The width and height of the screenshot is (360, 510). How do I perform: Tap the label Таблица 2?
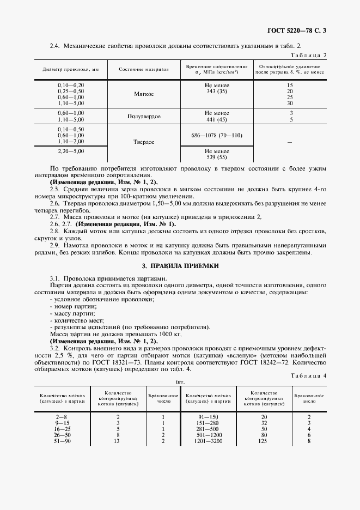(x=309, y=56)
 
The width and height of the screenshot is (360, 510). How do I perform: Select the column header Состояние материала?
(x=144, y=70)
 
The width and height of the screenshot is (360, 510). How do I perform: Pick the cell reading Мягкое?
(x=144, y=94)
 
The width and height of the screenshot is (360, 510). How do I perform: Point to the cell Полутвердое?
(x=144, y=116)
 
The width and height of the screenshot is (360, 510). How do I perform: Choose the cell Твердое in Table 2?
(x=144, y=142)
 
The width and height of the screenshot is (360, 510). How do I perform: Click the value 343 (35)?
(x=217, y=92)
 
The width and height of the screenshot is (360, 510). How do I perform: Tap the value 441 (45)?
(x=217, y=119)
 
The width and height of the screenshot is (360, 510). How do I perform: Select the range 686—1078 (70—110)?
(x=217, y=135)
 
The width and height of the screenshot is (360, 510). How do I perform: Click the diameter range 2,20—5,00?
(x=71, y=150)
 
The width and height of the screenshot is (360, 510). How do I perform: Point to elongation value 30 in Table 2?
(x=290, y=103)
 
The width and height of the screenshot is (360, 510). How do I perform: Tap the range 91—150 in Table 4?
(x=209, y=416)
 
